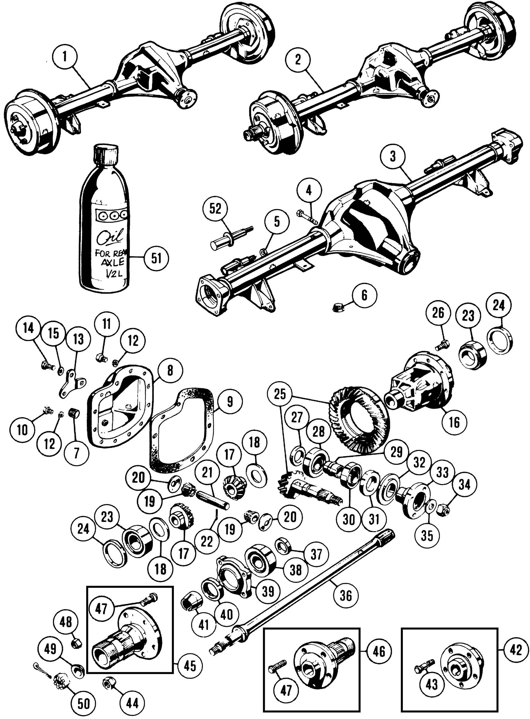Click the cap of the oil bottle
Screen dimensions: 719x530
[x=106, y=153]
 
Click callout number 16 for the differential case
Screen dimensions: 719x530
[x=454, y=422]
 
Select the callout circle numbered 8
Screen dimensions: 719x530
[x=170, y=370]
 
